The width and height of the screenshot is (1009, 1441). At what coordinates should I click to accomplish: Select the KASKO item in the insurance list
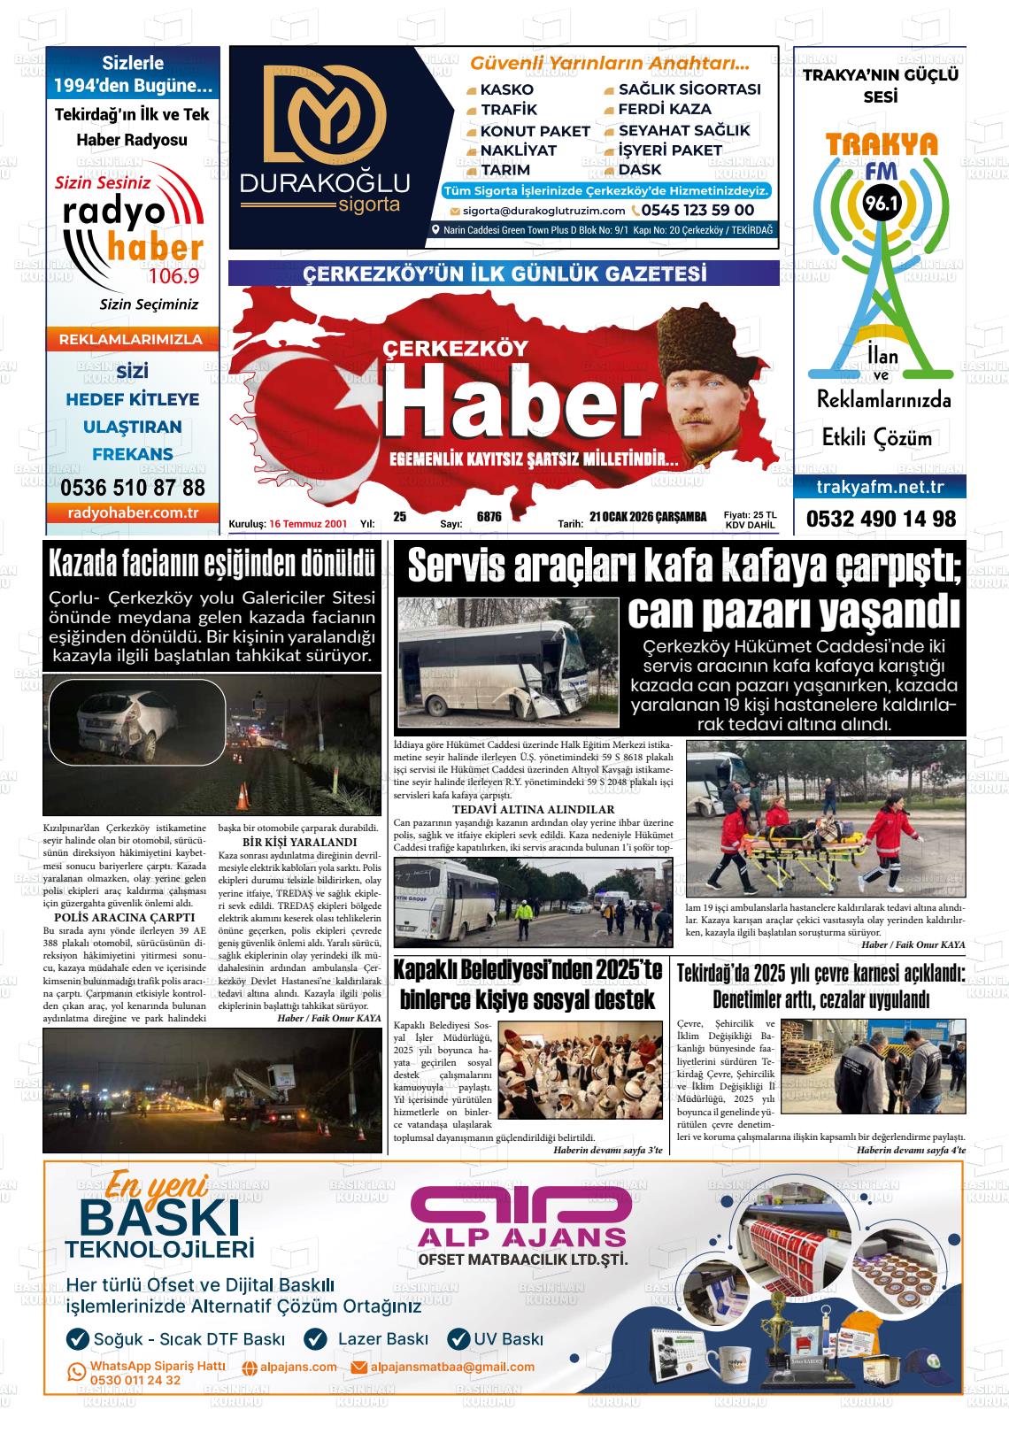pos(506,89)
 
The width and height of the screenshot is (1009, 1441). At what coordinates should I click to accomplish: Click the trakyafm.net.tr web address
pos(880,487)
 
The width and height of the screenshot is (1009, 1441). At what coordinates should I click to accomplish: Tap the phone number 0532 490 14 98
pos(881,519)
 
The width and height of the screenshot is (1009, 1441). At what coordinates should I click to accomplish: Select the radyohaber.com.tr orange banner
pos(133,513)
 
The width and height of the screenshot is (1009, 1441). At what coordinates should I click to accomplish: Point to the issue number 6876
pos(489,517)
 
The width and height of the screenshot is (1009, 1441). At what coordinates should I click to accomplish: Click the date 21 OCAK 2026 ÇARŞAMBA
pos(648,517)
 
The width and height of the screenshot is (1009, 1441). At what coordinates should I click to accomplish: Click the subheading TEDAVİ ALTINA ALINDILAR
pos(533,809)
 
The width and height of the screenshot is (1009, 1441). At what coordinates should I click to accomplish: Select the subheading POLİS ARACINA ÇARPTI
pos(125,917)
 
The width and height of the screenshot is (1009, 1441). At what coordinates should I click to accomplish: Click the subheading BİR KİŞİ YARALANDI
pos(299,842)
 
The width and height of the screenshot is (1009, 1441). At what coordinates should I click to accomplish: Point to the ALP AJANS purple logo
pos(522,1214)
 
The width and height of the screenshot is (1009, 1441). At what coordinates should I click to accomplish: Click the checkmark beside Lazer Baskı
pos(315,1338)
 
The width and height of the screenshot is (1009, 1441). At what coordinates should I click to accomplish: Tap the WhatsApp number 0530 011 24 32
pos(135,1380)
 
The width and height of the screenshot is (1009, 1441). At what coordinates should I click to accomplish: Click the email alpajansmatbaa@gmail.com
pos(452,1367)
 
